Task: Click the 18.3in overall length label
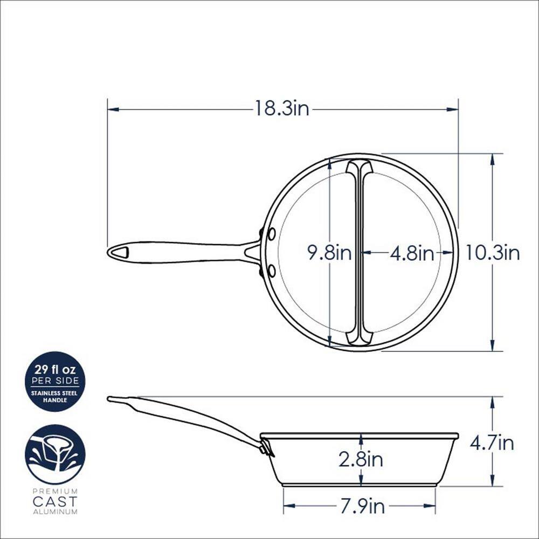[x=282, y=109]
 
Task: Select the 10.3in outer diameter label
[x=493, y=252]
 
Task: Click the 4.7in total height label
[x=492, y=443]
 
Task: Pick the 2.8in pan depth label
[x=361, y=459]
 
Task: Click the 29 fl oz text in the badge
[x=55, y=370]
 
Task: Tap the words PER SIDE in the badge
[x=55, y=381]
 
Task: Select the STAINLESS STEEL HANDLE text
[x=55, y=396]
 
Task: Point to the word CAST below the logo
[x=55, y=501]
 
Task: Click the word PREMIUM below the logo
[x=55, y=492]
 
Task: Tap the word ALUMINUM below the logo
[x=55, y=511]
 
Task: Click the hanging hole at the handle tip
[x=121, y=252]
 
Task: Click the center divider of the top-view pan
[x=359, y=252]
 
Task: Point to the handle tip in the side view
[x=111, y=399]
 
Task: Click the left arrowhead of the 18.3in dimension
[x=111, y=109]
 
